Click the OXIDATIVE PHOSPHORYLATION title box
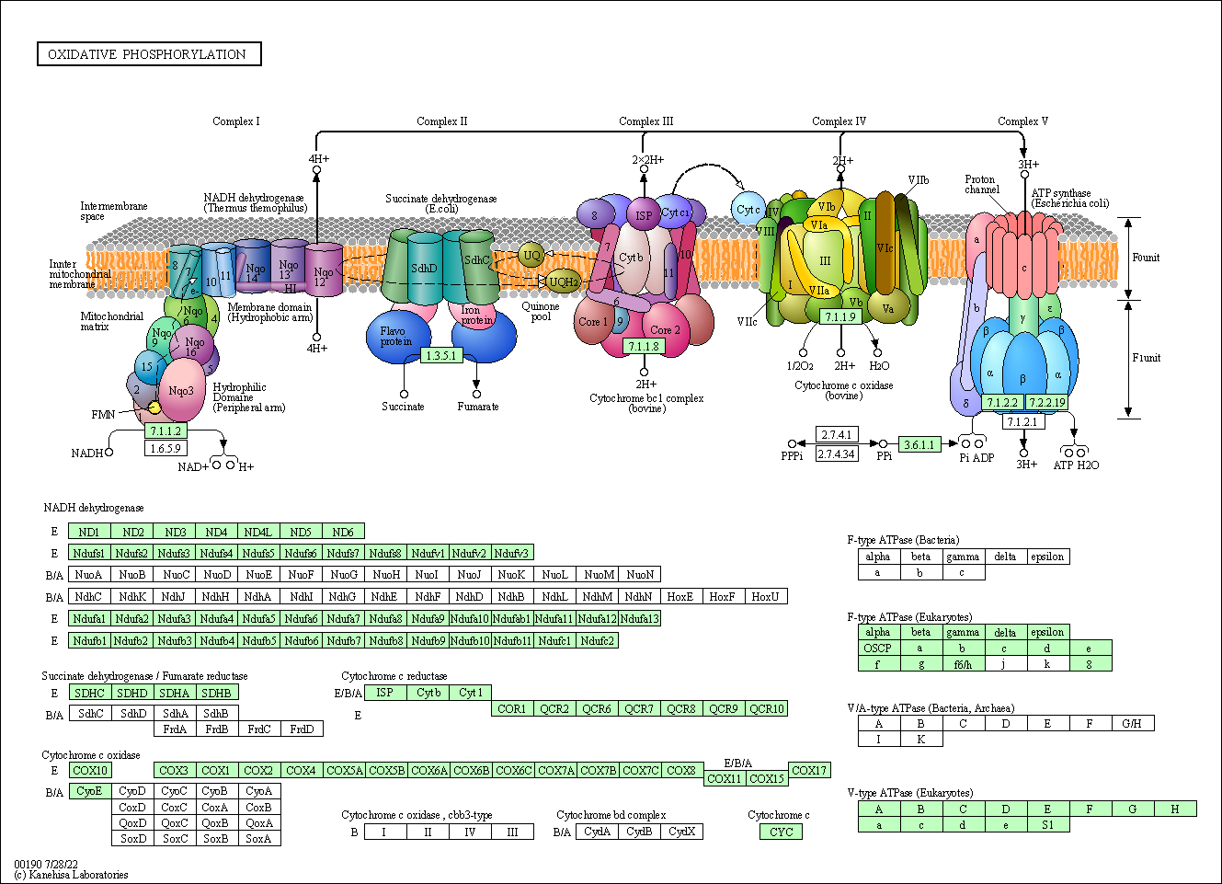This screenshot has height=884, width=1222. coord(148,54)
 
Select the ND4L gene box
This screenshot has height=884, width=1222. coord(258,532)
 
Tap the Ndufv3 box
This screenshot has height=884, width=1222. coord(512,553)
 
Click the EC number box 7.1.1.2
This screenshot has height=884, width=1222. coord(166,431)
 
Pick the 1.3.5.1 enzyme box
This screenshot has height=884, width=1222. coord(441,355)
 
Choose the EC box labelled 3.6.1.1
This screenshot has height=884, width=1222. coord(919,444)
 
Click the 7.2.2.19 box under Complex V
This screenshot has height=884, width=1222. coord(1046,402)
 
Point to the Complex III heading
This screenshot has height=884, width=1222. coord(645,121)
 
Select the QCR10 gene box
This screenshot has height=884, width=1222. coord(766,708)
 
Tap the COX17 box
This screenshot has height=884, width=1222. coord(809,770)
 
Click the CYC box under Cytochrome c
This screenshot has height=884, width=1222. coord(781,832)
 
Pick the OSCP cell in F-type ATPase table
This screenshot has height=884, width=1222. coord(877,648)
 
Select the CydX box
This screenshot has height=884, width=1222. coord(681,832)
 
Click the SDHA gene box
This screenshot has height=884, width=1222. coord(174,693)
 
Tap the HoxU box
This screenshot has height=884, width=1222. coord(765,596)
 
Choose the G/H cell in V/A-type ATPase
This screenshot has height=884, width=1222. coord(1132,723)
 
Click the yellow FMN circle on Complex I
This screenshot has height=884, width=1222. coord(154,408)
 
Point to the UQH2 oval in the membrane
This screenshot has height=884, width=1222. coord(563,281)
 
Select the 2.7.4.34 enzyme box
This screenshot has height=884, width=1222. coord(837,453)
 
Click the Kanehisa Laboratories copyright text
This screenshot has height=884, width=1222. coord(72,875)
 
